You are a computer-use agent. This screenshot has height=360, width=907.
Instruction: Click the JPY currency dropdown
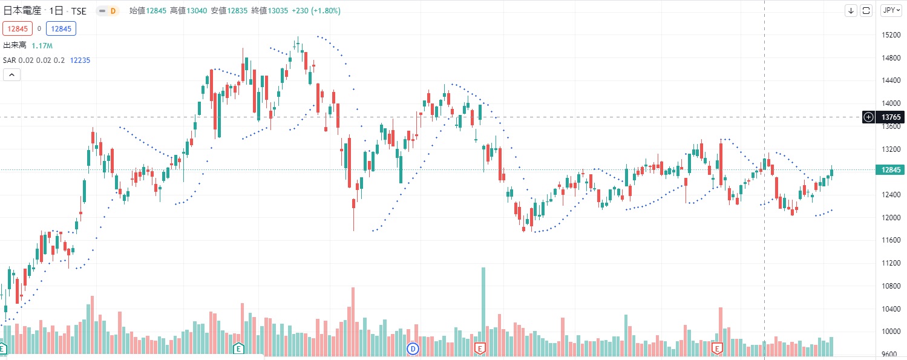[889, 10]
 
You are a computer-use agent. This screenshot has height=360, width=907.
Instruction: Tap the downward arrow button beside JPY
[851, 10]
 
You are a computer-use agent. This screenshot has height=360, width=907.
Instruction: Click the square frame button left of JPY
[866, 10]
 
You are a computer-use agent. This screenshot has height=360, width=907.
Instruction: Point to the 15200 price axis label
[889, 35]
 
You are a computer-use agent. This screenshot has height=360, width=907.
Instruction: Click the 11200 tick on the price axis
[889, 263]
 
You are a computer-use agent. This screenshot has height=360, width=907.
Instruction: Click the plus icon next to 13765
[868, 117]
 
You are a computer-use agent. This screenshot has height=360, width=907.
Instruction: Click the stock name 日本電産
[24, 11]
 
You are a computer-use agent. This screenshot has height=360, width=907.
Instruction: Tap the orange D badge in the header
[113, 11]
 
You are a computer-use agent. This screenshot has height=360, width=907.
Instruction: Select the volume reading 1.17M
[42, 45]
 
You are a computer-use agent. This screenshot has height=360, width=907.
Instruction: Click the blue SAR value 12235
[80, 60]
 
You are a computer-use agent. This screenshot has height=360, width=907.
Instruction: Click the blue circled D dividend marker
[413, 349]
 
